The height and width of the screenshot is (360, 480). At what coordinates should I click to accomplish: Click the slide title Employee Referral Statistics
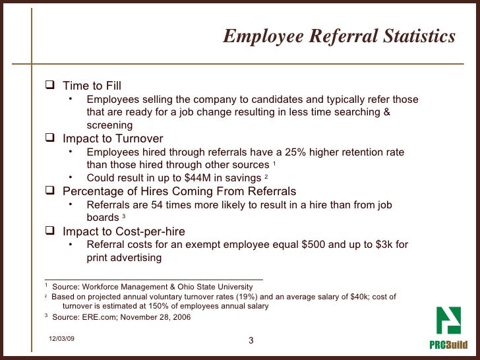pyautogui.click(x=339, y=36)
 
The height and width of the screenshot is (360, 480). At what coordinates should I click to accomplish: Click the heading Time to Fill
pyautogui.click(x=92, y=86)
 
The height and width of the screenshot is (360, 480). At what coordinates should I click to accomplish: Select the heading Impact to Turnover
pyautogui.click(x=113, y=138)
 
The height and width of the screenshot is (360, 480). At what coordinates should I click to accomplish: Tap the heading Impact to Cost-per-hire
pyautogui.click(x=123, y=231)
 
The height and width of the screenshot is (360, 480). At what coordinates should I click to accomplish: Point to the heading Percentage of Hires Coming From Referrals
pyautogui.click(x=179, y=191)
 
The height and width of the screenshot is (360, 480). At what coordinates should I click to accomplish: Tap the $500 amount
pyautogui.click(x=313, y=245)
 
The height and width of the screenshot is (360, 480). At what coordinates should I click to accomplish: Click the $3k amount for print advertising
pyautogui.click(x=384, y=245)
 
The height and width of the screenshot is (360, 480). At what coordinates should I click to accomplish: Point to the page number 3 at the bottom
pyautogui.click(x=251, y=340)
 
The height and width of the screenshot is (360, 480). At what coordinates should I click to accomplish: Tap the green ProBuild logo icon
pyautogui.click(x=451, y=322)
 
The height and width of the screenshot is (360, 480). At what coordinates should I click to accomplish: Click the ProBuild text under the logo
pyautogui.click(x=448, y=345)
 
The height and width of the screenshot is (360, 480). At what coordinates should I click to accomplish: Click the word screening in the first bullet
pyautogui.click(x=109, y=125)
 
